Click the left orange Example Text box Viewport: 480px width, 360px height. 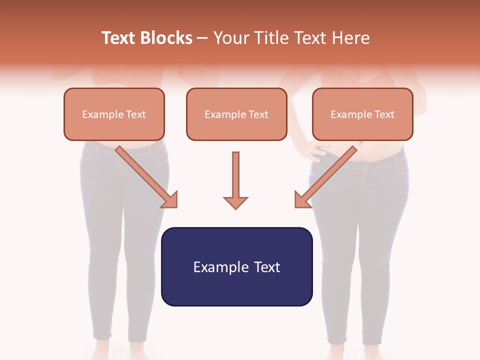(x=114, y=114)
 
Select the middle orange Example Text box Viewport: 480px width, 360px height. (x=236, y=114)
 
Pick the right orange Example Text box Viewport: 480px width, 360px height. (x=362, y=114)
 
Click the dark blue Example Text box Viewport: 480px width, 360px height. (x=236, y=266)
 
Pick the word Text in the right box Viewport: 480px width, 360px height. (x=384, y=114)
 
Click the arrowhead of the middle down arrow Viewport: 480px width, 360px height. (x=235, y=201)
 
